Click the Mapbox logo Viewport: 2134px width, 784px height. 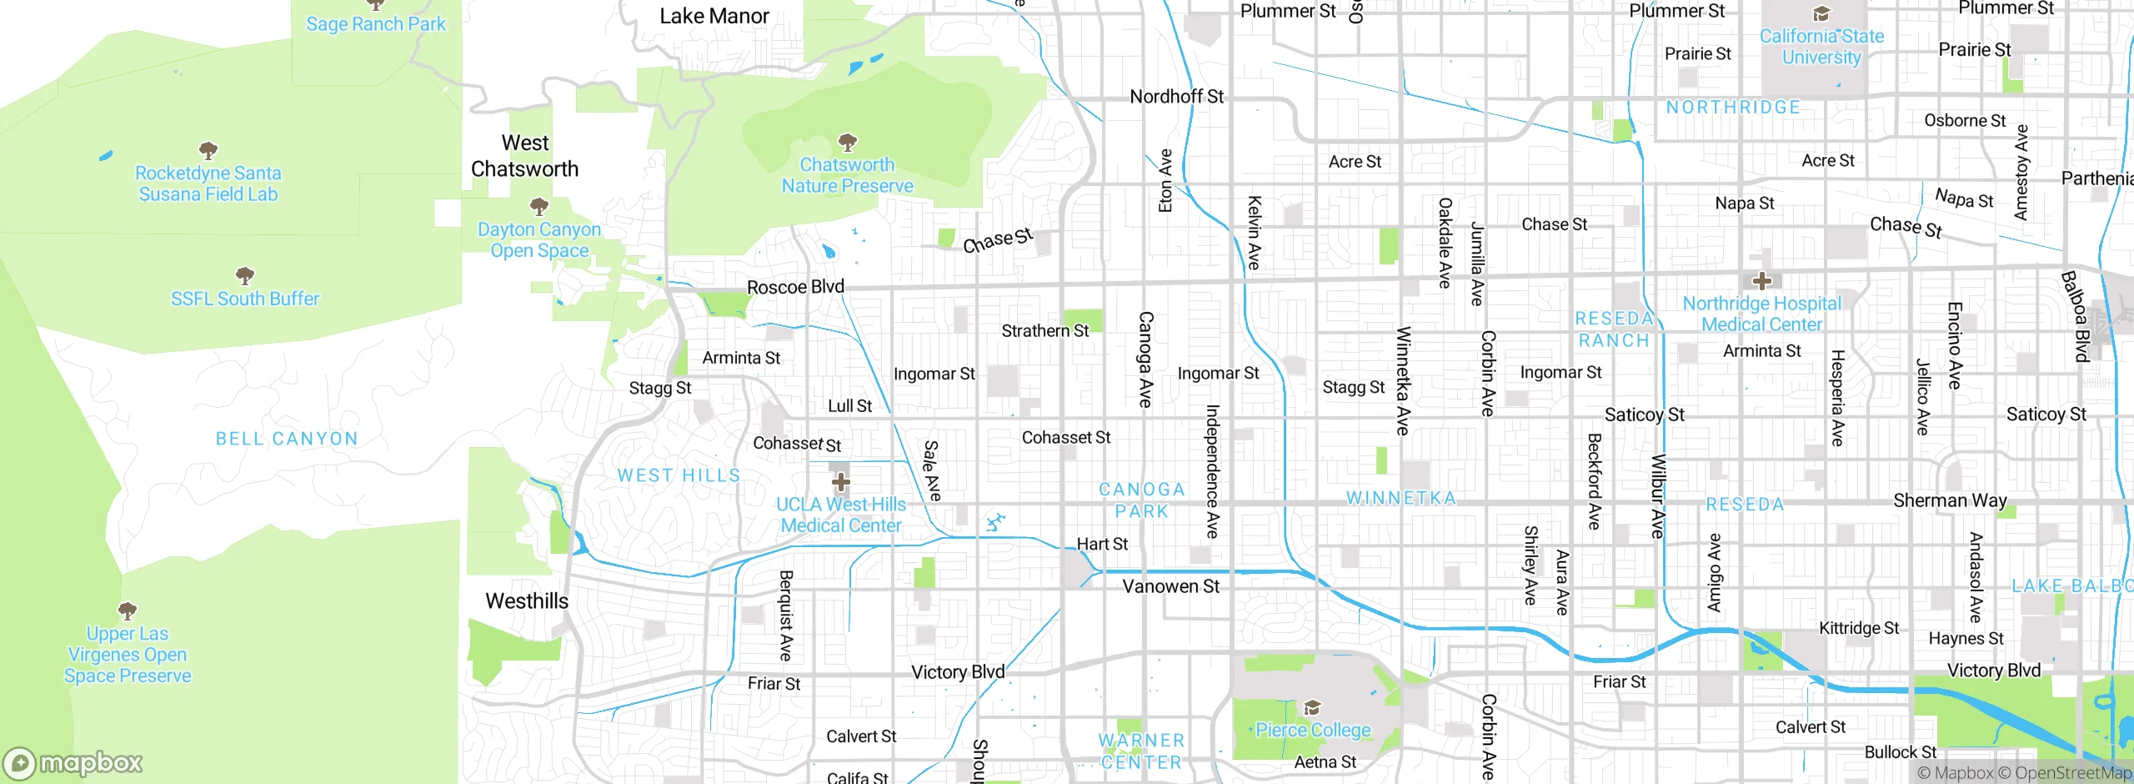pos(73,763)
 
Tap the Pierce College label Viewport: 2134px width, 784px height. pos(1313,731)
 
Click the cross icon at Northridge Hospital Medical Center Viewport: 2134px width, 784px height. pos(1761,281)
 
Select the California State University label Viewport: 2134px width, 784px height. pos(1821,47)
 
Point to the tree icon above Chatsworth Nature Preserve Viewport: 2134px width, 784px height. pos(847,143)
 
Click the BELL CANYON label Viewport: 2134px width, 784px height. pos(287,439)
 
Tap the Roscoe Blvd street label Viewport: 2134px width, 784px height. pos(795,287)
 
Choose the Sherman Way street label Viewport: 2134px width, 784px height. pos(1950,500)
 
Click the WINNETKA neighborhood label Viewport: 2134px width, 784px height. pos(1401,499)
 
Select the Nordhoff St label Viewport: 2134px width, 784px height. pos(1176,97)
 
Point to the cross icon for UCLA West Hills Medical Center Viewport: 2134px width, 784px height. pos(841,482)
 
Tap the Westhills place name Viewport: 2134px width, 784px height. pos(527,601)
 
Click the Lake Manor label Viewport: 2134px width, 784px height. pos(714,16)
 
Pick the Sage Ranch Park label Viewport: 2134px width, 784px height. pos(376,24)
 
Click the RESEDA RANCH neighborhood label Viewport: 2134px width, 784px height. pos(1614,329)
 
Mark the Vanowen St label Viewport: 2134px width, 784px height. pos(1170,586)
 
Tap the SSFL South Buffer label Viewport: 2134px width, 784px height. pos(245,299)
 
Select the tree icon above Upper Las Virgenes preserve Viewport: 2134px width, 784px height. pos(128,611)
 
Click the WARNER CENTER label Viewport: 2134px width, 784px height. pos(1141,751)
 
